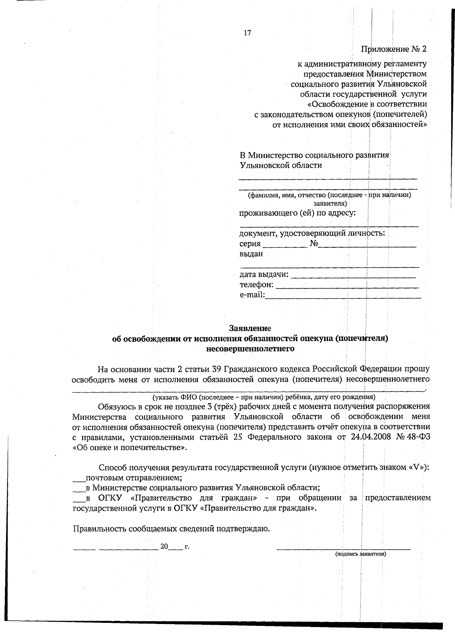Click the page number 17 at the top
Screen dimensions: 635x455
[247, 33]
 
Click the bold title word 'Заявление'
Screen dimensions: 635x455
[250, 328]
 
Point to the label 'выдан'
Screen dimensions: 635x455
[251, 254]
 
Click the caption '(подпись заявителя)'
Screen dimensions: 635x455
[360, 554]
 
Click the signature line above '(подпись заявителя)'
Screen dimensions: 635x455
[343, 548]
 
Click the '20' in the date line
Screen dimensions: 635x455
[164, 546]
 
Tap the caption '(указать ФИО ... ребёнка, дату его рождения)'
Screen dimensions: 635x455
[264, 397]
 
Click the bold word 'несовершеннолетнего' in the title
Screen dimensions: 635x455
[250, 348]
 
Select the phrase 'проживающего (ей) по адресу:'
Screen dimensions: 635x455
[298, 213]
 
